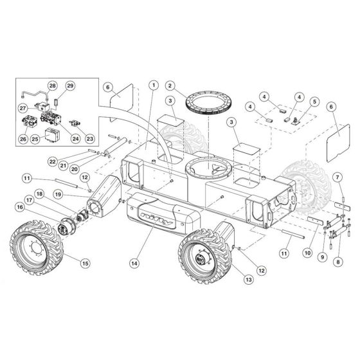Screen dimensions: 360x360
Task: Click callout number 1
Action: pos(153,85)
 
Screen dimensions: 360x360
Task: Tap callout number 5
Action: pos(314,100)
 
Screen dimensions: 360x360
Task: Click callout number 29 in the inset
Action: pos(70,85)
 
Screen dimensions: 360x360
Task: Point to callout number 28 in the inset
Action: pos(52,85)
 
